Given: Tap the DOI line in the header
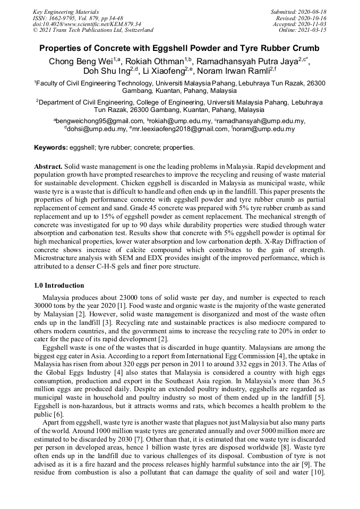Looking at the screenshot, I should [x=87, y=24].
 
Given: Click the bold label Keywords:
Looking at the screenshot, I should [x=51, y=147].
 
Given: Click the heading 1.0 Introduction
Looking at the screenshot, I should [x=59, y=285].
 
